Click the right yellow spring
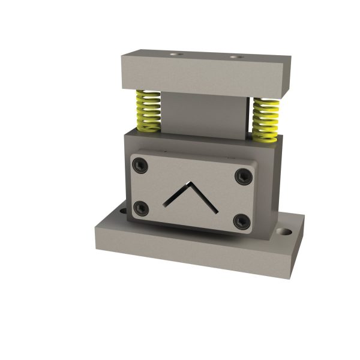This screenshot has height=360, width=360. pyautogui.click(x=265, y=119)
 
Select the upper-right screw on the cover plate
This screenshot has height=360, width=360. pyautogui.click(x=242, y=175)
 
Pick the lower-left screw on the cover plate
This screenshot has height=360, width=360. pyautogui.click(x=141, y=208)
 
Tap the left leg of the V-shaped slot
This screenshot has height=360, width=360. pyautogui.click(x=176, y=194)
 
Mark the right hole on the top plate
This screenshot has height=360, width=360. pyautogui.click(x=235, y=58)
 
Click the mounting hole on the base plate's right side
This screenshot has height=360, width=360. pyautogui.click(x=283, y=231)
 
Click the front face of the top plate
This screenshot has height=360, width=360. pyautogui.click(x=198, y=77)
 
